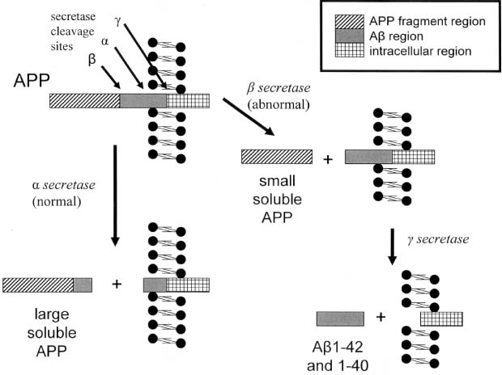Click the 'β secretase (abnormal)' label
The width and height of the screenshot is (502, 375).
click(x=283, y=95)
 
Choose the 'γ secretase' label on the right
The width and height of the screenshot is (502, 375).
click(x=445, y=241)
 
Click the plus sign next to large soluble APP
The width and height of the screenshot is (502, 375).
click(x=116, y=284)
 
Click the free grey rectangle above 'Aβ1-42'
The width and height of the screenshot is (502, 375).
click(x=339, y=318)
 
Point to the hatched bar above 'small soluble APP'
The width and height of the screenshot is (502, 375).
click(x=278, y=158)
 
